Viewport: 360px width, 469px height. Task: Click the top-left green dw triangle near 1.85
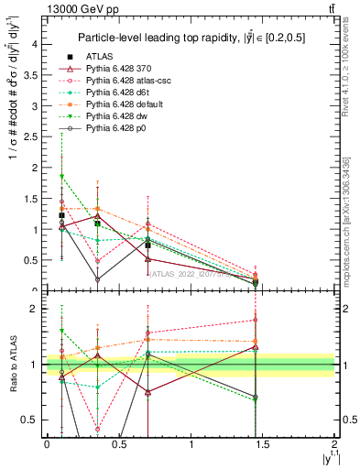pos(61,176)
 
